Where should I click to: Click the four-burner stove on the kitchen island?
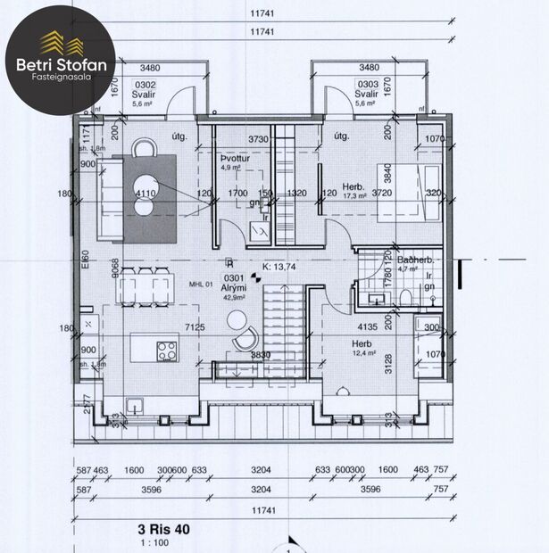click(167, 350)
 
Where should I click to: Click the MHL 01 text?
click(203, 285)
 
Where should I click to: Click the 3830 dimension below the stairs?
click(261, 355)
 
